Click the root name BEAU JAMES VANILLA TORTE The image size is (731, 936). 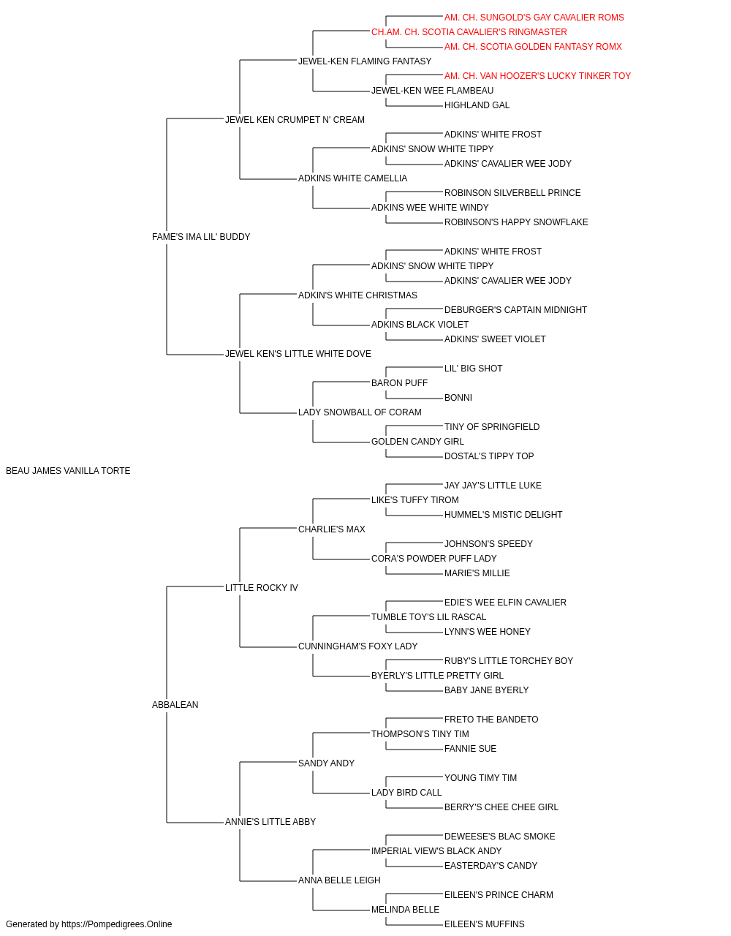68,471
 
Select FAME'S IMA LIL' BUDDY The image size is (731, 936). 201,237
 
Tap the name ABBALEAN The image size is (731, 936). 175,705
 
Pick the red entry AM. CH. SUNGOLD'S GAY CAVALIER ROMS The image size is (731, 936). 534,18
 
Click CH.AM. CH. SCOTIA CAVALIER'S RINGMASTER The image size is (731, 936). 469,32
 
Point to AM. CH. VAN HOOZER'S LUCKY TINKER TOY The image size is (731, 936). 538,76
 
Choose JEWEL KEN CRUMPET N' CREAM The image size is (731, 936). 295,120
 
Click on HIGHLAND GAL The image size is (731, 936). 477,105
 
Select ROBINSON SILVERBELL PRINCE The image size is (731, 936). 512,193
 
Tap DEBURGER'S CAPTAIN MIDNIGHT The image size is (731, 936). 516,310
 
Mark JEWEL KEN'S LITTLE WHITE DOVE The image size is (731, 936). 298,354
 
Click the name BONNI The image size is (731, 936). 458,398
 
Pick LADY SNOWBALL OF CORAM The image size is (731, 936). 360,412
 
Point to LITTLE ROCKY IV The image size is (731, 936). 261,588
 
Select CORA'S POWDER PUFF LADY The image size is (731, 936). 434,559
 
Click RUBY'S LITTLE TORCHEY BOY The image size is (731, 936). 509,661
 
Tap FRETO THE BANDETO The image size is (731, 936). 491,720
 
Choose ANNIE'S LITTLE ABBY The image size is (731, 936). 270,822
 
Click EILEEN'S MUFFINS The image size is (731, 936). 485,924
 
